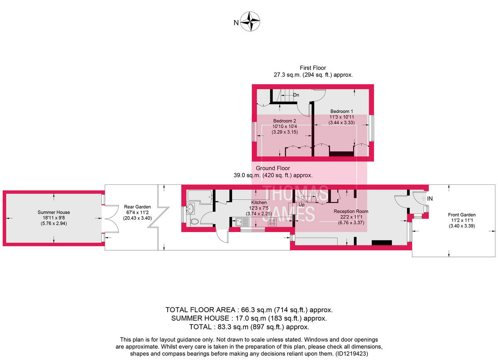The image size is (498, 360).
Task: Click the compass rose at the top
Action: pyautogui.click(x=251, y=22)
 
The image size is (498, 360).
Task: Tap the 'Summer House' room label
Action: pyautogui.click(x=54, y=212)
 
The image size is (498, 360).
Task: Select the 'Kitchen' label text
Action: pyautogui.click(x=259, y=202)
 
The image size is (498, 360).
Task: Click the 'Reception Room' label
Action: pyautogui.click(x=351, y=211)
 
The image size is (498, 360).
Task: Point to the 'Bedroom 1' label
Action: pyautogui.click(x=342, y=112)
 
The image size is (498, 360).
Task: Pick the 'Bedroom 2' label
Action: pyautogui.click(x=284, y=121)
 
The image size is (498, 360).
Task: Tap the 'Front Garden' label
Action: pyautogui.click(x=459, y=215)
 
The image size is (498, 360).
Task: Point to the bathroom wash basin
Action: pyautogui.click(x=190, y=208)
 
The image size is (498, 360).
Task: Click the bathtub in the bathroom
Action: pyautogui.click(x=200, y=195)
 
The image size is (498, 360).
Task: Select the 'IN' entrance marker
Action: pyautogui.click(x=430, y=199)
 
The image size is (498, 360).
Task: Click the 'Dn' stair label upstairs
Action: pyautogui.click(x=296, y=95)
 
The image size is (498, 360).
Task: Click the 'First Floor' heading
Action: pyautogui.click(x=313, y=68)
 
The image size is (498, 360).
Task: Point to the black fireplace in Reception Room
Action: pyautogui.click(x=381, y=243)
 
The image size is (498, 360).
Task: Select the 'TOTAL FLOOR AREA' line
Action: pyautogui.click(x=249, y=310)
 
